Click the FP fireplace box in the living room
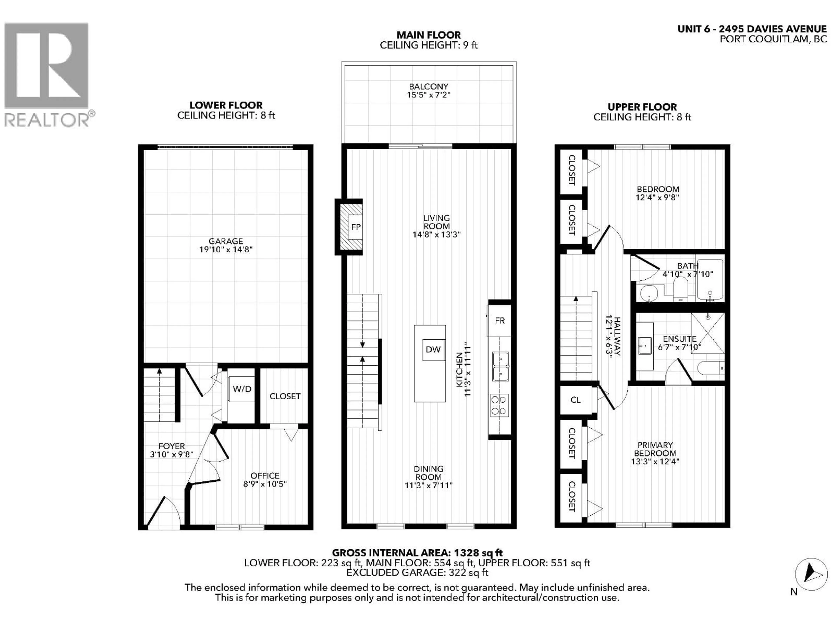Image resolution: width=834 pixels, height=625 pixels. click(355, 227)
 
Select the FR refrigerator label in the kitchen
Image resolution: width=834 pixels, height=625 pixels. click(500, 321)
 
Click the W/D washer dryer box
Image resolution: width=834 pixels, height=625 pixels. click(242, 389)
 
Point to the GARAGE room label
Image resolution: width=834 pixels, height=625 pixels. click(226, 241)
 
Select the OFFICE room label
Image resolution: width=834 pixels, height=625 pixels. click(265, 476)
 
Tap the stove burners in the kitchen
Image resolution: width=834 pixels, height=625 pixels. click(499, 405)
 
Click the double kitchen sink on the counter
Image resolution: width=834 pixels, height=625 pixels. click(500, 367)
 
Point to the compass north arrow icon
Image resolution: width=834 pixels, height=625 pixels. click(811, 574)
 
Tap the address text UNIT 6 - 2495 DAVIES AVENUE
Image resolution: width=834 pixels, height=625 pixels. click(752, 29)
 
